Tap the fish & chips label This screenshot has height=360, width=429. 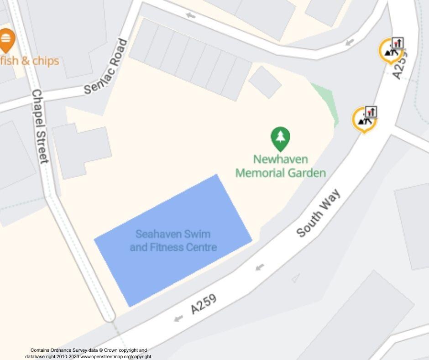pyautogui.click(x=30, y=61)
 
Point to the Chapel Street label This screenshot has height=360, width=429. pyautogui.click(x=40, y=126)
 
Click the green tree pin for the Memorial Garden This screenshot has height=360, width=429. pyautogui.click(x=280, y=138)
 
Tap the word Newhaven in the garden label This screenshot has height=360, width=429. pyautogui.click(x=280, y=159)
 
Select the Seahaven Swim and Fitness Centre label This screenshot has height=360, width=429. pyautogui.click(x=173, y=241)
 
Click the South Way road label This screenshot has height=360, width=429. pyautogui.click(x=319, y=213)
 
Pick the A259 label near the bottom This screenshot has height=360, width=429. pyautogui.click(x=203, y=304)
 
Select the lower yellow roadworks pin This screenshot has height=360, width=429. pyautogui.click(x=364, y=119)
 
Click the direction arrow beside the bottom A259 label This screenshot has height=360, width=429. pyautogui.click(x=178, y=318)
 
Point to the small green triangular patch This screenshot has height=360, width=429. pyautogui.click(x=329, y=101)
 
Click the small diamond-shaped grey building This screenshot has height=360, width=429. pyautogui.click(x=265, y=82)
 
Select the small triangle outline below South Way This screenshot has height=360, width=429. pyautogui.click(x=296, y=277)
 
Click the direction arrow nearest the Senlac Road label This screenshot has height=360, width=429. pyautogui.click(x=190, y=16)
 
